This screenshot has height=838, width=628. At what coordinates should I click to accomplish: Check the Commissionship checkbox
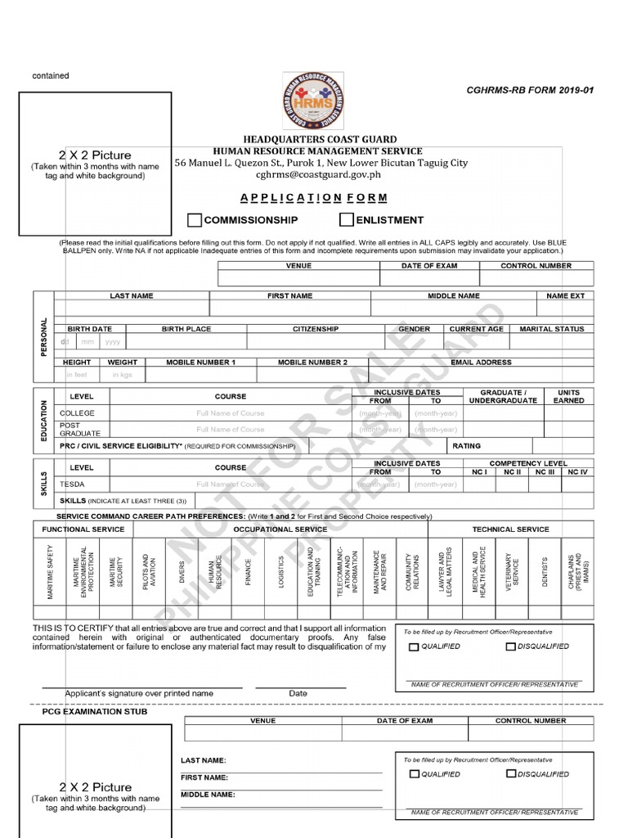click(x=195, y=220)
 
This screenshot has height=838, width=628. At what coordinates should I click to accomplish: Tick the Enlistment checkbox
click(x=347, y=220)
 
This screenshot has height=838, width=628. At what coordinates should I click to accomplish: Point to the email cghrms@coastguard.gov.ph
click(x=318, y=174)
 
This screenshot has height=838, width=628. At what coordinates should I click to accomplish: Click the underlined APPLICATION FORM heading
click(x=313, y=198)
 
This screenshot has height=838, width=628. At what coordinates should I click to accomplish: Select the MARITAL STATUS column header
click(x=552, y=329)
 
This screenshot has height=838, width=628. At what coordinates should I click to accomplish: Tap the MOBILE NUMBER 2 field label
click(x=312, y=362)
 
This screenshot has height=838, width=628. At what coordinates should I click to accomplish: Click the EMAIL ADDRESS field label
click(x=481, y=362)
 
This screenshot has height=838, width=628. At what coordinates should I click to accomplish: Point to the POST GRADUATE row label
click(x=80, y=430)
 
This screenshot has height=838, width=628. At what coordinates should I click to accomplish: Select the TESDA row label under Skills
click(x=72, y=484)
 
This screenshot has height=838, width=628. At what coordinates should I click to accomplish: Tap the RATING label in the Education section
click(x=467, y=446)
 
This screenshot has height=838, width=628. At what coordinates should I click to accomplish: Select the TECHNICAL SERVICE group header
click(x=511, y=529)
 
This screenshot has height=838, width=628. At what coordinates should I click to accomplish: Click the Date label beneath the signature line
click(x=298, y=693)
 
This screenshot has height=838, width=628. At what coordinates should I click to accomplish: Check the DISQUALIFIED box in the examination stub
click(x=511, y=774)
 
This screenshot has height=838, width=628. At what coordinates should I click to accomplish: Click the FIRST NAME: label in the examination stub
click(x=204, y=777)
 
